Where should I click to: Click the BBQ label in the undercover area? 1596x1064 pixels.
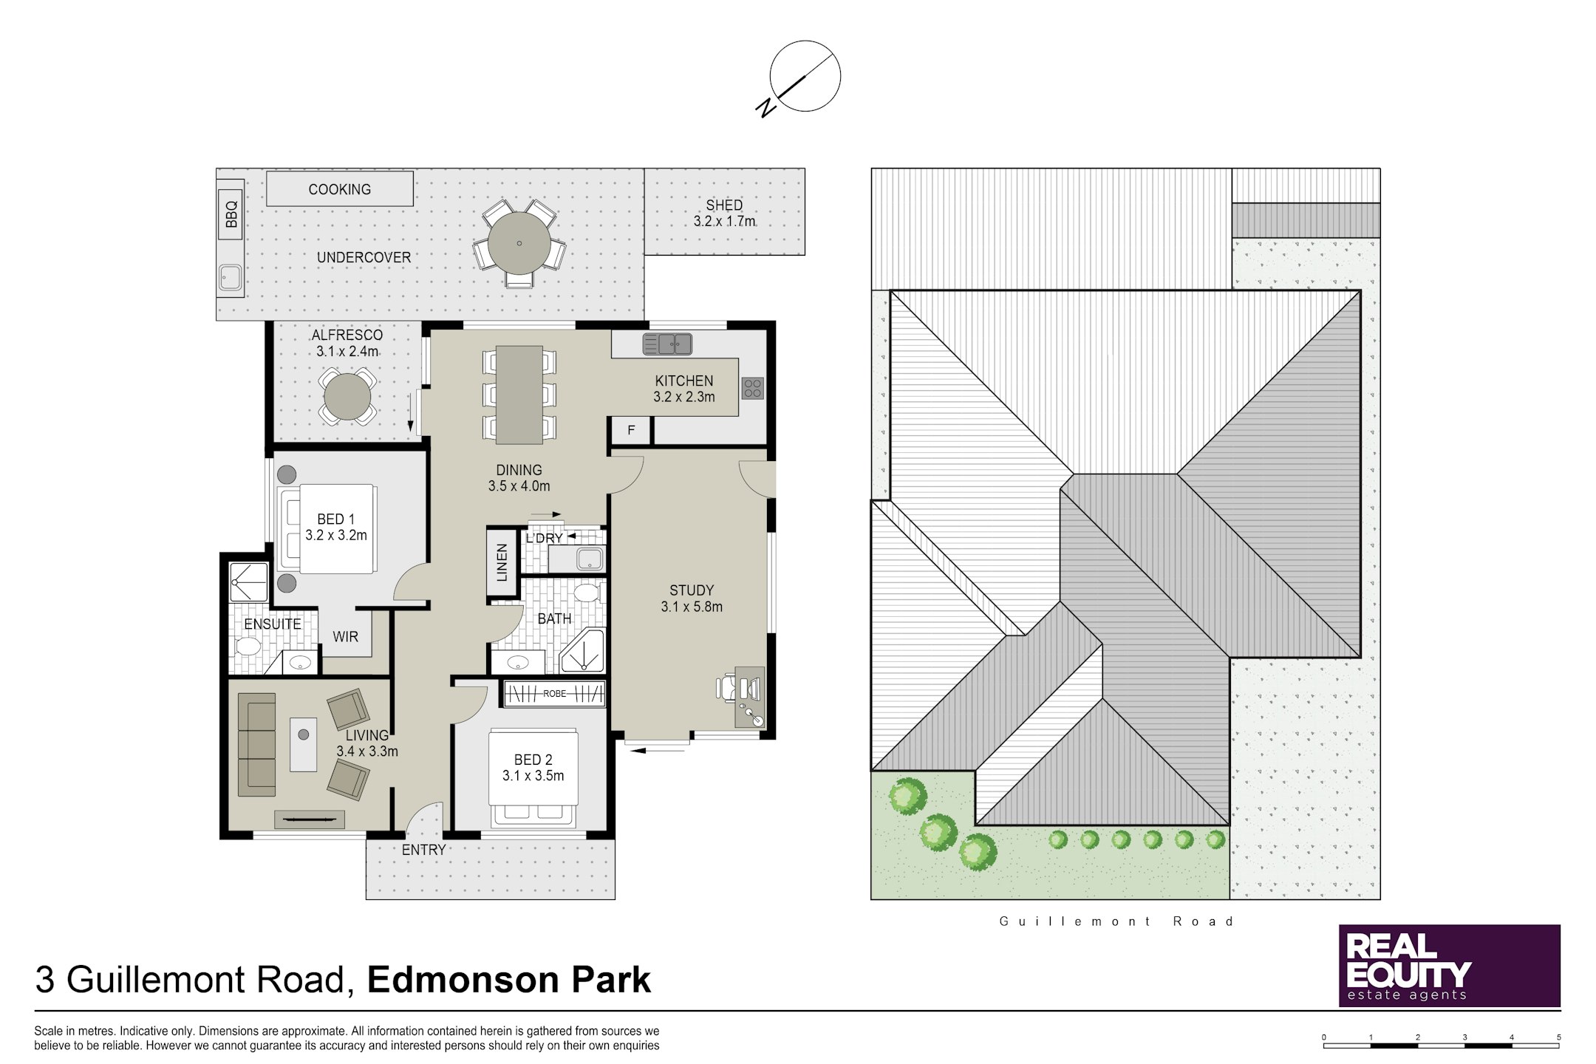231,214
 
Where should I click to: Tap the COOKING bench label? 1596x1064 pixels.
340,189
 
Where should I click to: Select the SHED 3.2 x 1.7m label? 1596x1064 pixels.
724,213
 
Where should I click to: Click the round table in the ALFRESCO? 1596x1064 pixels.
347,397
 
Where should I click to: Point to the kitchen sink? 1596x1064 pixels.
667,344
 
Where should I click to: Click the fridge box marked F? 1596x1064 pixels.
631,430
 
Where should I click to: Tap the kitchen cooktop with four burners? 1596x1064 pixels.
753,388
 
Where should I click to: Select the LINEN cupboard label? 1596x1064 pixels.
502,562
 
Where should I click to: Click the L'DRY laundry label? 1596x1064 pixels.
545,538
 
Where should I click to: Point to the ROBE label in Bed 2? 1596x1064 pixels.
555,694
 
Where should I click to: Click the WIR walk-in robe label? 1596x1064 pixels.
345,636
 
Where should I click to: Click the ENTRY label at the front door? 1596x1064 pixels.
423,850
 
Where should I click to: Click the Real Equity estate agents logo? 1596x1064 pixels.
1450,965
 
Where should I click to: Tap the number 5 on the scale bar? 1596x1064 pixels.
1559,1037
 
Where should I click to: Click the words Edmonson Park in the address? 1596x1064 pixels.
509,980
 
